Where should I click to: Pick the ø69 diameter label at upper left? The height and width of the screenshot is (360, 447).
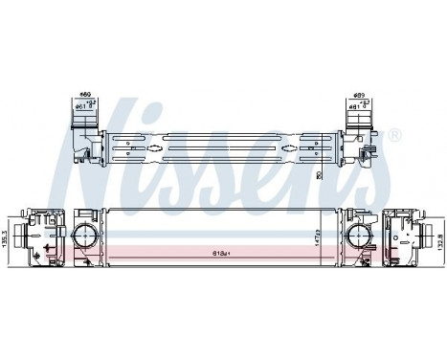(83, 95)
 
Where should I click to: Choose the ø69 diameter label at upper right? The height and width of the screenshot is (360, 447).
(360, 95)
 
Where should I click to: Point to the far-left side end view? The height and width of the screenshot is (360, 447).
(39, 236)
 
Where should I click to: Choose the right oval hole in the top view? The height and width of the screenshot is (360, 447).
(311, 149)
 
